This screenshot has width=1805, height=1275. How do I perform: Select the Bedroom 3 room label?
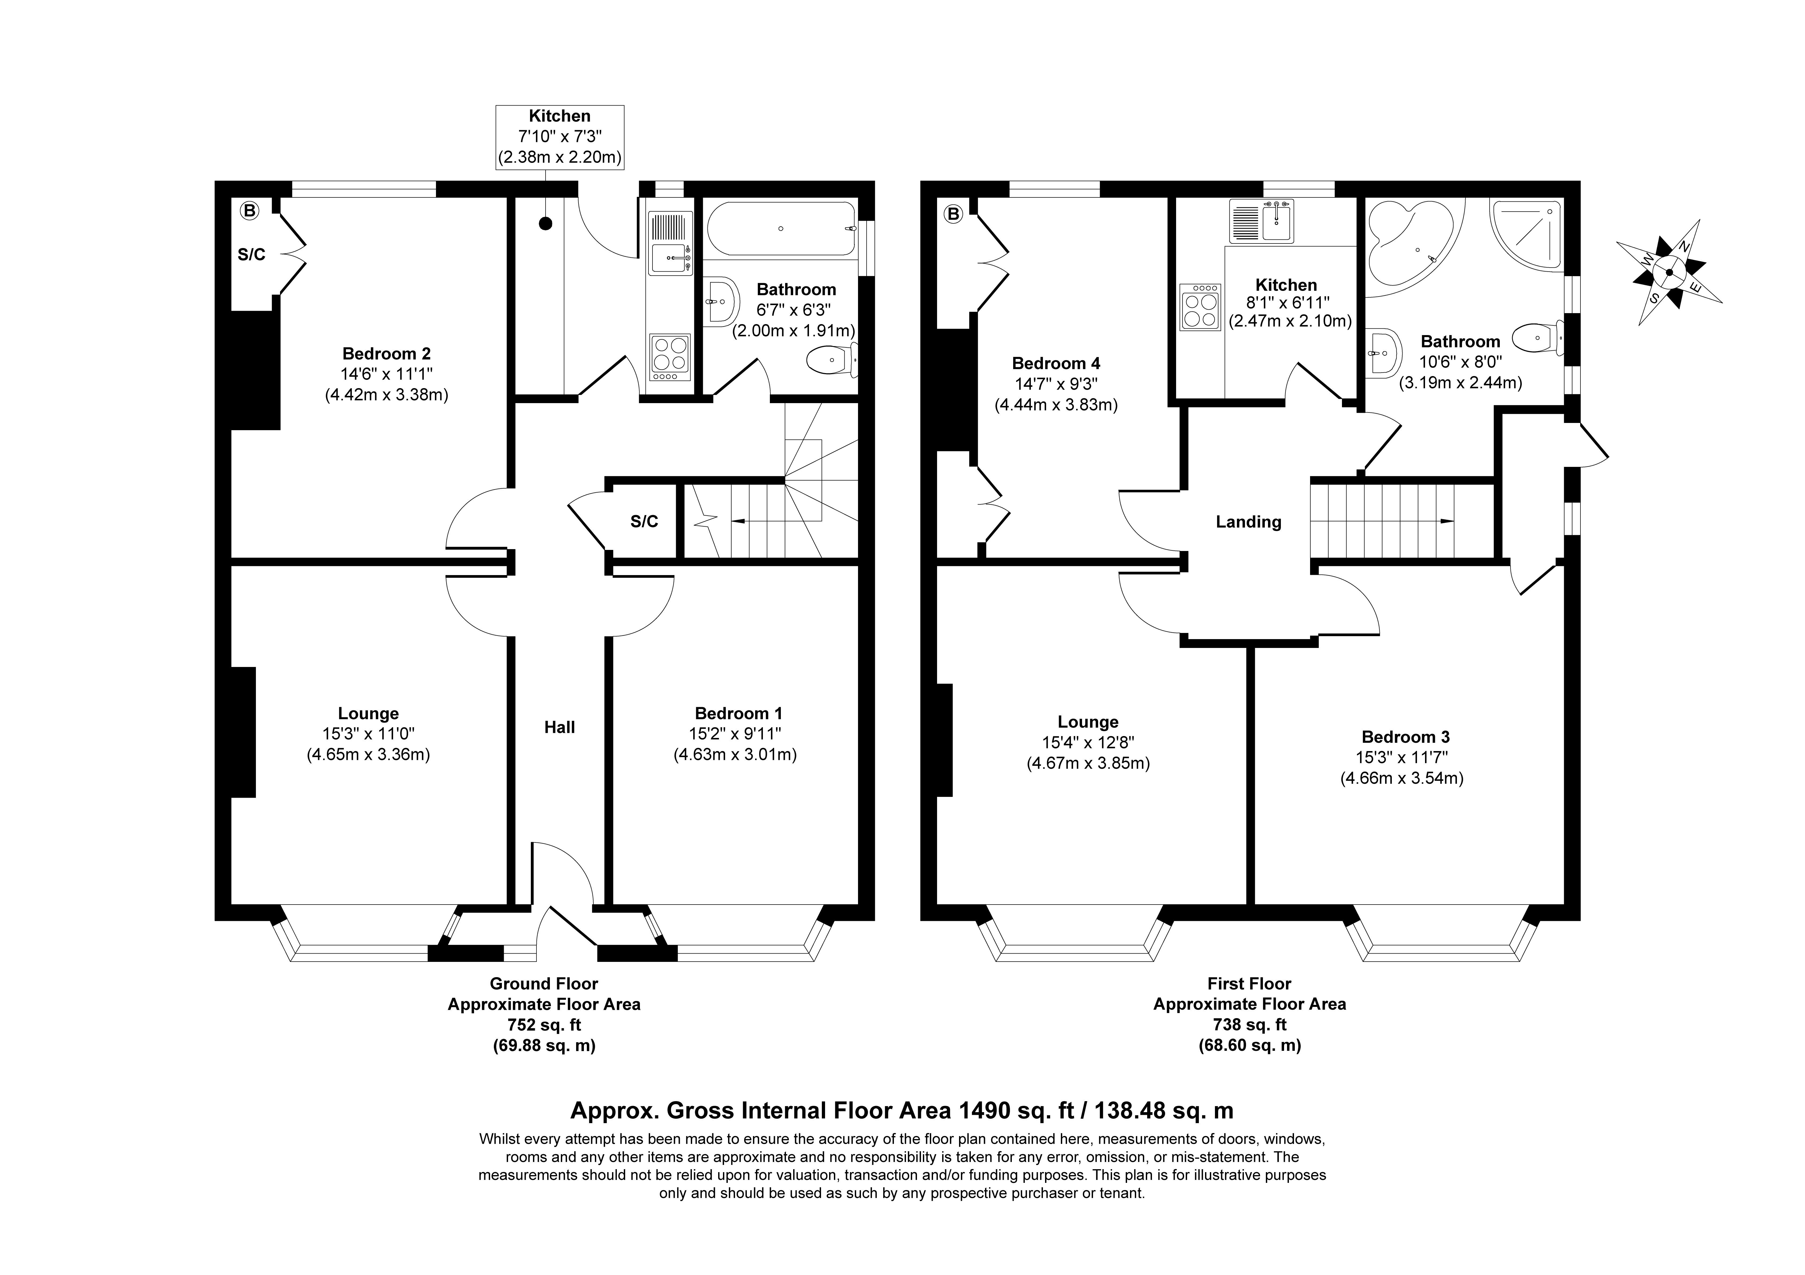tap(1406, 737)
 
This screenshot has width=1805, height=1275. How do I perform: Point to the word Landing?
tap(1248, 522)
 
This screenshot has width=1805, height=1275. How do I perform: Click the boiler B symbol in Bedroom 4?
tap(954, 214)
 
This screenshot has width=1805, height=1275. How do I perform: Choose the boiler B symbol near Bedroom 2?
tap(249, 211)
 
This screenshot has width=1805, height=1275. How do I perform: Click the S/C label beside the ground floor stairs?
tap(644, 522)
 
